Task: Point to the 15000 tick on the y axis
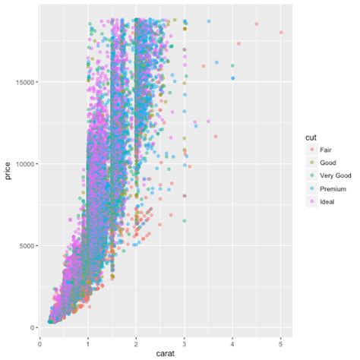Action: [30, 82]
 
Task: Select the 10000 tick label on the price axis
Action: [30, 164]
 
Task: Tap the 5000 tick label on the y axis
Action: [32, 246]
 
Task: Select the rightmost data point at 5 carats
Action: [281, 33]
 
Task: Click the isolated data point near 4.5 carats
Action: [257, 24]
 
